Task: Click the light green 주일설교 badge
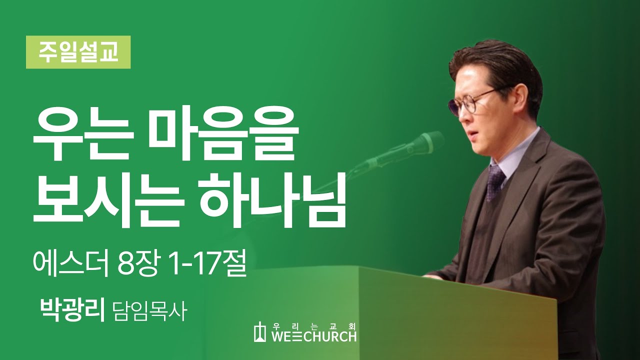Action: click(78, 52)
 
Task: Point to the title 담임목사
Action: click(149, 311)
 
